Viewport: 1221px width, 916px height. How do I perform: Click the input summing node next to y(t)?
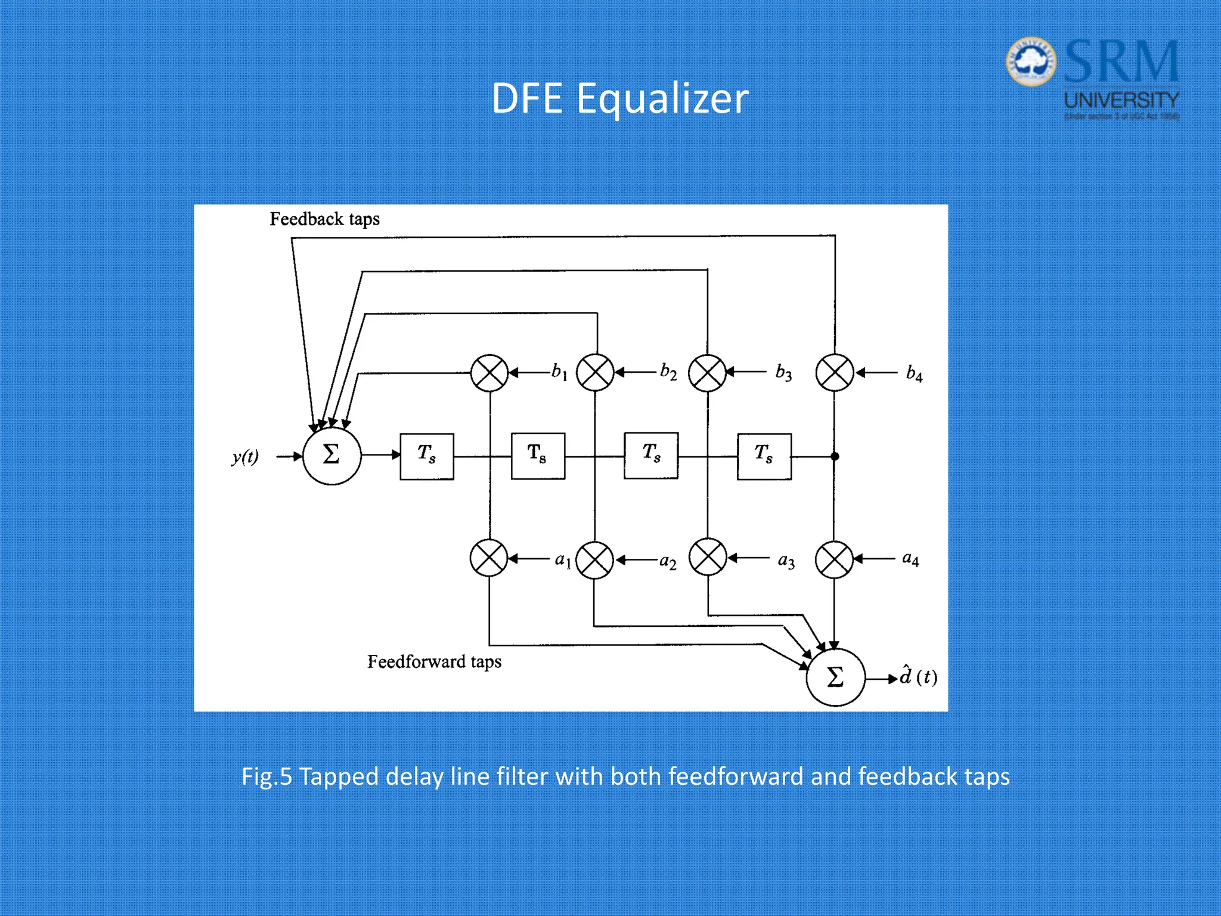click(331, 456)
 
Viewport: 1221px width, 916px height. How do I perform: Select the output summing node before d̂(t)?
click(835, 677)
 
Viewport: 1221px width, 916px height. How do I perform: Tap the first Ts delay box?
click(427, 456)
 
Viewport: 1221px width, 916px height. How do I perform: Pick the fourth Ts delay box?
click(764, 456)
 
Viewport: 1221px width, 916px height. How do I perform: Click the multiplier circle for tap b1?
click(489, 373)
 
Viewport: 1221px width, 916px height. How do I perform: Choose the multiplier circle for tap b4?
click(835, 373)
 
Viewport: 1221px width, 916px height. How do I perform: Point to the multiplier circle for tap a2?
click(594, 560)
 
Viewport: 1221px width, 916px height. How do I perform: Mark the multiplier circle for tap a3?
click(708, 558)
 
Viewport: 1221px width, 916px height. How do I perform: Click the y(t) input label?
click(245, 457)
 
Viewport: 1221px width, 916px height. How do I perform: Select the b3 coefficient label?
click(783, 373)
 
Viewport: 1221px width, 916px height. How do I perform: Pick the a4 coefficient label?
click(910, 559)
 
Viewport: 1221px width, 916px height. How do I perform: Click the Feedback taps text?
click(324, 219)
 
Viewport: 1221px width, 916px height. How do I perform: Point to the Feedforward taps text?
click(434, 661)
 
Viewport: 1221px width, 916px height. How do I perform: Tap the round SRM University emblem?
click(1031, 61)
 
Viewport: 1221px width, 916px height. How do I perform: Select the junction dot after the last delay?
click(835, 456)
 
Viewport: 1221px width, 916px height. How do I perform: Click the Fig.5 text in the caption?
click(266, 776)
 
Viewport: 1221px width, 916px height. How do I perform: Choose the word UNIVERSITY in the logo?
click(1121, 100)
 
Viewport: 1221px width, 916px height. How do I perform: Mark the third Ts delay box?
click(651, 456)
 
